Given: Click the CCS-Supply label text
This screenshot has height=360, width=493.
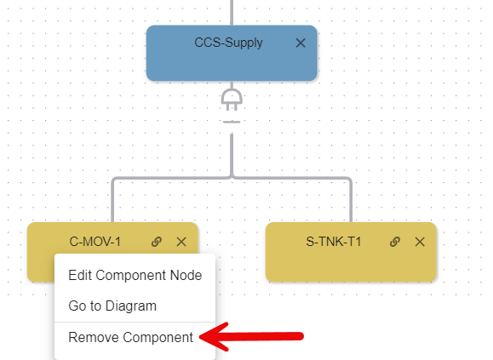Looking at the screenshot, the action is point(228,43).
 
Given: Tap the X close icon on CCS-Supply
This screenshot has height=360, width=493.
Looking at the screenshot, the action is point(301,43).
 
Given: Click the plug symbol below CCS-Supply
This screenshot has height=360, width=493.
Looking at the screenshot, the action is point(232,100).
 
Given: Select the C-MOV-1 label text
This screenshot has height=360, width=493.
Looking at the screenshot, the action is point(95,242).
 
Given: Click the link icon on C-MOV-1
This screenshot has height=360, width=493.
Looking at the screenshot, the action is point(157,242).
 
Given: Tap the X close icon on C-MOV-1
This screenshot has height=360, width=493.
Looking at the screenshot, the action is point(181,242).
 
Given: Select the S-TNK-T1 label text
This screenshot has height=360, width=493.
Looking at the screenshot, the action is point(334,242).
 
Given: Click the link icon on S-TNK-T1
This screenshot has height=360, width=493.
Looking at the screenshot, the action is point(395,242).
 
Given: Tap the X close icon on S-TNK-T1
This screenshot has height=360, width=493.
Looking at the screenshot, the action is point(420,242).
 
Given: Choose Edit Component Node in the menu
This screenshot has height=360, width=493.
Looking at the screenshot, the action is point(135,275).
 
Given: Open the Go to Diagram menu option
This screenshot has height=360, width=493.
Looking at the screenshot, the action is point(112,306).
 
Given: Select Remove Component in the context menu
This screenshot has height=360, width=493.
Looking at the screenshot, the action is point(131,337).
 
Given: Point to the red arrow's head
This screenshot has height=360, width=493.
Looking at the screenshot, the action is point(200,337).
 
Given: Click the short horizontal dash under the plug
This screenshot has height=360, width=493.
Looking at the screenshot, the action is point(232,122).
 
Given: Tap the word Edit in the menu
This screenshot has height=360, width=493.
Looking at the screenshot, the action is point(80,275).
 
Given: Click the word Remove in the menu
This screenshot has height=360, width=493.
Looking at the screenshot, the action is point(94,337).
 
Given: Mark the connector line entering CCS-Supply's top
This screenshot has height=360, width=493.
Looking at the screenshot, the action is point(232,13).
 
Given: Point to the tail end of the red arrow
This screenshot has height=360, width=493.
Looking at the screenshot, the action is point(301,336).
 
